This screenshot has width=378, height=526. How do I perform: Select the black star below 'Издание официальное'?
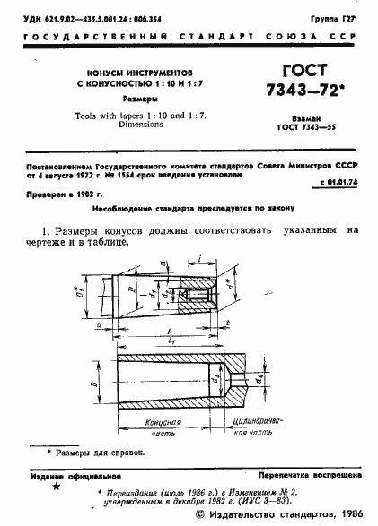click(x=57, y=489)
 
